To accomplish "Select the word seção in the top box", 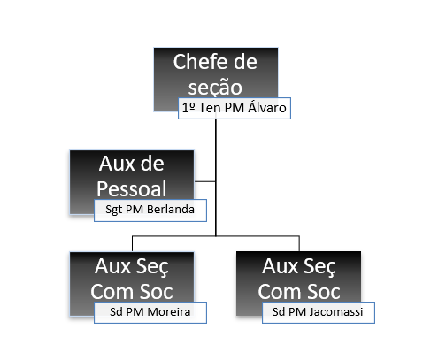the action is coord(215,88).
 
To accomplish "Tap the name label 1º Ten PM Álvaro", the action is coord(235,108).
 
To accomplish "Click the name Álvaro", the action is coord(267,107).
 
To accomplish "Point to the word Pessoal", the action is coord(132,189).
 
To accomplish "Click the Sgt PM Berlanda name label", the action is coord(150,211).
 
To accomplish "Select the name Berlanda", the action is coord(171,210).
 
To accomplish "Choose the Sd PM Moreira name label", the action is coord(150,312).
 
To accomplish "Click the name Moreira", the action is coord(169,312).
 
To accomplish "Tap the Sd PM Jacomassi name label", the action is coord(319,312).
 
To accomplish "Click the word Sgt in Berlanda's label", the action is coord(114,210).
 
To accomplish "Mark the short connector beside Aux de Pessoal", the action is coord(205,181).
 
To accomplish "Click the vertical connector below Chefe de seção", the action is coord(216,178).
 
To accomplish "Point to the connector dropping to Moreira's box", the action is coord(132,243).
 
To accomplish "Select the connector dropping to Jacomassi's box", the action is coord(299,243).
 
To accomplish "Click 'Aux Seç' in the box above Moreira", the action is coord(132,267).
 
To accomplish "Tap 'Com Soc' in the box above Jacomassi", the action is coord(299,292).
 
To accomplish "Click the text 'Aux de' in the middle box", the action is coord(132,164).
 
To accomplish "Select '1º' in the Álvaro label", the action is coord(188,108).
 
